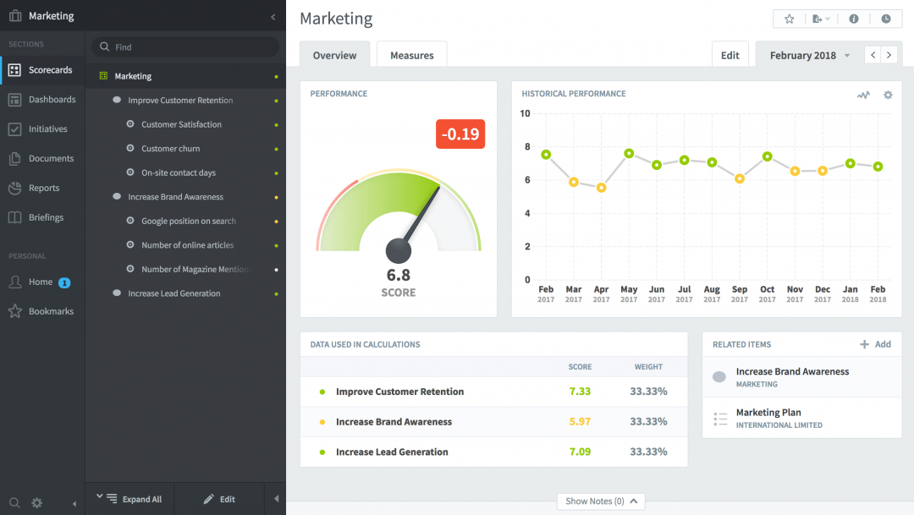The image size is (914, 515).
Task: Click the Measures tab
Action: (x=411, y=55)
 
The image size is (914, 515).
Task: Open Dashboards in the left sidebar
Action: (x=52, y=100)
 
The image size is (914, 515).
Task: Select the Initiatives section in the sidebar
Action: (x=47, y=129)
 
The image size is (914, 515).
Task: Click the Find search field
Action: (x=186, y=47)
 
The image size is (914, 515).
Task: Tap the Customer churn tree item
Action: (x=170, y=149)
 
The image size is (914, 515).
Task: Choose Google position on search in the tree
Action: (x=188, y=222)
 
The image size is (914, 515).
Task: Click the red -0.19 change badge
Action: (x=460, y=134)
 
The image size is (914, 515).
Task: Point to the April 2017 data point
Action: (x=601, y=188)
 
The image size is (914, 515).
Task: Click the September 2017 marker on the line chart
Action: (x=740, y=178)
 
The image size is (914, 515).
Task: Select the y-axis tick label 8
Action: (x=526, y=147)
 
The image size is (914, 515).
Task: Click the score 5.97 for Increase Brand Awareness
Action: (x=580, y=422)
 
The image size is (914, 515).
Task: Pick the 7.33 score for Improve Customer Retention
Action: (x=580, y=392)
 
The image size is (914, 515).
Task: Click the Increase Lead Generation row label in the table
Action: (x=392, y=452)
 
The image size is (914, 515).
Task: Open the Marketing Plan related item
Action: (x=768, y=413)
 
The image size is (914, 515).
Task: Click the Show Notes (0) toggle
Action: (x=601, y=501)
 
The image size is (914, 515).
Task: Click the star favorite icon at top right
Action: (x=790, y=19)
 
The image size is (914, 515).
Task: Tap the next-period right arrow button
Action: (x=889, y=55)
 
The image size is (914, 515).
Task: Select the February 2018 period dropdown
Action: (x=809, y=56)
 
